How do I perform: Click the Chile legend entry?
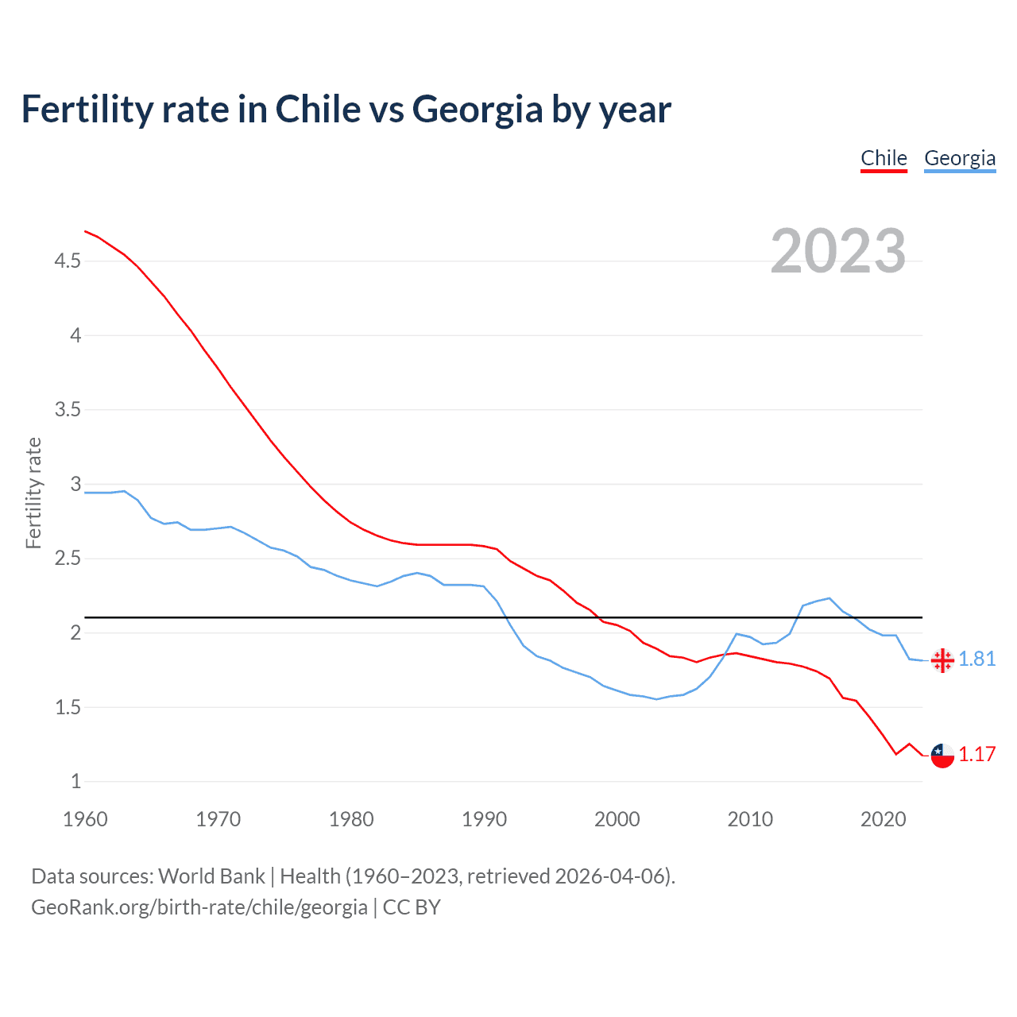pos(884,158)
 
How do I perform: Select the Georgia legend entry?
pos(959,158)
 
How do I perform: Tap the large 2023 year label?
pos(838,251)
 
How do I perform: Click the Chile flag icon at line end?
pos(942,756)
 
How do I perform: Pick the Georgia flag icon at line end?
pos(942,660)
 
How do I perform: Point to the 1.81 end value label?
pos(976,659)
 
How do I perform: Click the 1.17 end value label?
pos(976,755)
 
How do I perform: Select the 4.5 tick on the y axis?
pos(68,261)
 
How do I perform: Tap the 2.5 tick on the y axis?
pos(68,559)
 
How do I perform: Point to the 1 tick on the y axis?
pos(75,782)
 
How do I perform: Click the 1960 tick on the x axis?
pos(85,819)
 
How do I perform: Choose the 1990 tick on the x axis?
pos(484,819)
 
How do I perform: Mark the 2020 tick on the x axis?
pos(883,819)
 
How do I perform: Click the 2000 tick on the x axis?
pos(617,819)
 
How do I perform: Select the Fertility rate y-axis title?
pos(33,493)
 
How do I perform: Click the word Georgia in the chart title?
pos(478,110)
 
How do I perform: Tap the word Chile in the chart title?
pos(318,110)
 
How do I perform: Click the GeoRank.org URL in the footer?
pos(199,907)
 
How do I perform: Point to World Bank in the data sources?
pos(211,876)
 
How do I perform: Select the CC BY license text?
pos(412,907)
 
